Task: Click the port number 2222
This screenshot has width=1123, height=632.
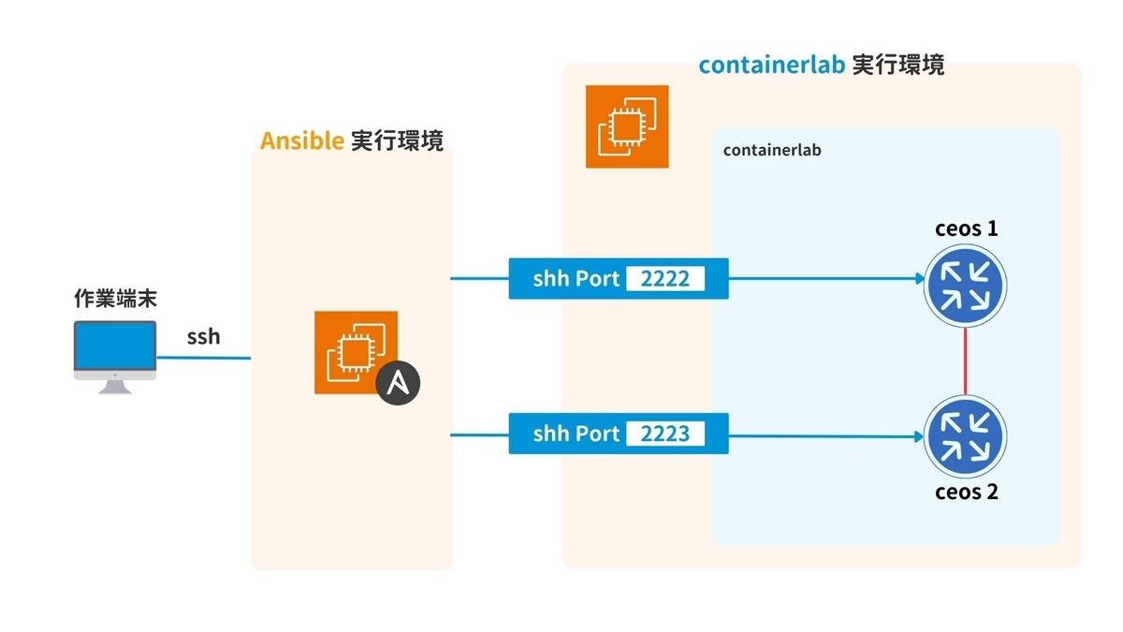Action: [x=665, y=278]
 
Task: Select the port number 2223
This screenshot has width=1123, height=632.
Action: [x=665, y=434]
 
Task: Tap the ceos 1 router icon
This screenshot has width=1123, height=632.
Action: [x=965, y=286]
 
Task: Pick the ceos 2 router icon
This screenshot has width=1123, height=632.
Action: [x=965, y=436]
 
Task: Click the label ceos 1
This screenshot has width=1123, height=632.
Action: [x=966, y=228]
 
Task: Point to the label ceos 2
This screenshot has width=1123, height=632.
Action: [x=966, y=492]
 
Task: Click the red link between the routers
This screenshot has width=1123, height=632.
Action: [x=965, y=361]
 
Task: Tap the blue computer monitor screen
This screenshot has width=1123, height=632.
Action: [x=115, y=346]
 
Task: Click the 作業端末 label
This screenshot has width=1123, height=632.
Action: [x=115, y=298]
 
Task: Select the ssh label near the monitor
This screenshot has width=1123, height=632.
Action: [x=204, y=336]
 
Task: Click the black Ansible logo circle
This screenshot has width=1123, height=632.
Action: [x=398, y=383]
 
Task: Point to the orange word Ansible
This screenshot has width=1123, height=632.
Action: [x=301, y=140]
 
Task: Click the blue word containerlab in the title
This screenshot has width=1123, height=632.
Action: [x=772, y=66]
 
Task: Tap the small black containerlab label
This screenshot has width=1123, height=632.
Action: [x=772, y=150]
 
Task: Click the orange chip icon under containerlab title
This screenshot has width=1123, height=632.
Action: [x=627, y=126]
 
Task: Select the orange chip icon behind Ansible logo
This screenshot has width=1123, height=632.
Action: [x=356, y=352]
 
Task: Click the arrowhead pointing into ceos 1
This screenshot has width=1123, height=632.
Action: [x=921, y=279]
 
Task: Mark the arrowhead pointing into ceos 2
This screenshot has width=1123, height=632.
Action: [x=919, y=436]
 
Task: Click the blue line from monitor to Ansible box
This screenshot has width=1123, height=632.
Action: [x=204, y=358]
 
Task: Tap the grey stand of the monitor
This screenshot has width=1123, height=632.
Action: [x=115, y=388]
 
